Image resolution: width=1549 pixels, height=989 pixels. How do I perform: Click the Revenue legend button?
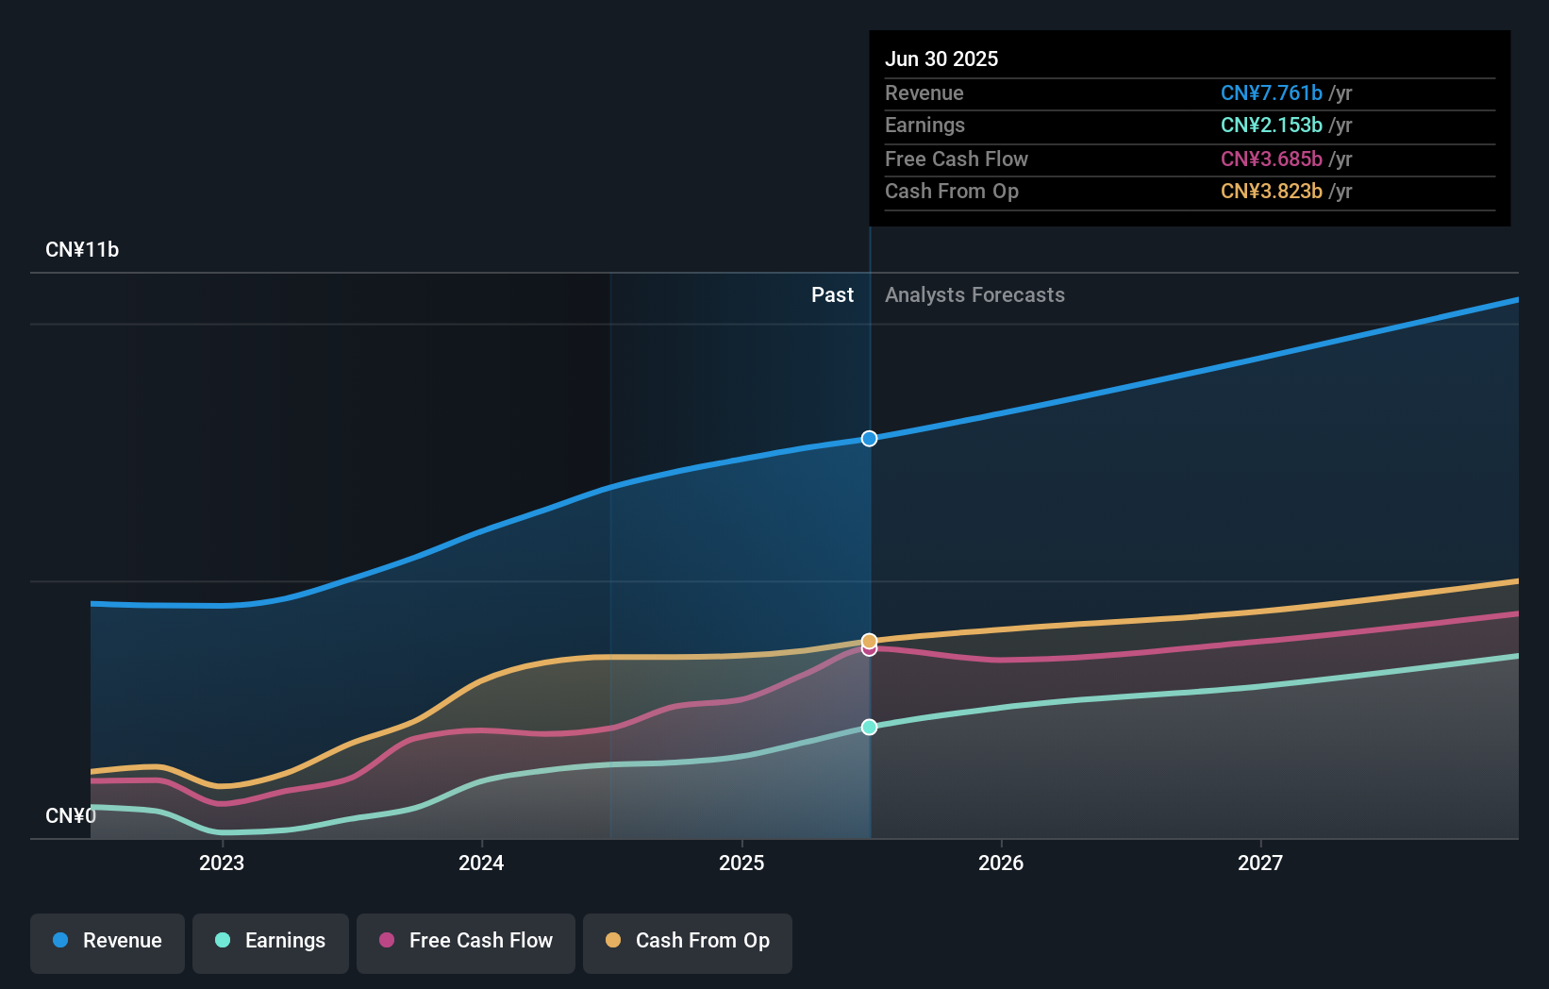pyautogui.click(x=108, y=941)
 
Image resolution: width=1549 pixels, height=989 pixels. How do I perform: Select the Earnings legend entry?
pyautogui.click(x=271, y=941)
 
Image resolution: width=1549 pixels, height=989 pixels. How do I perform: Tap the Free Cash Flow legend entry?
pyautogui.click(x=466, y=941)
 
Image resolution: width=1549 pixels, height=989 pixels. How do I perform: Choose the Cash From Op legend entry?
pyautogui.click(x=688, y=941)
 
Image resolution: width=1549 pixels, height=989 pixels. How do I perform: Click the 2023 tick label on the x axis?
pyautogui.click(x=222, y=863)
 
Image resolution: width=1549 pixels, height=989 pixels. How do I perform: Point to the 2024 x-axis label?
pyautogui.click(x=481, y=863)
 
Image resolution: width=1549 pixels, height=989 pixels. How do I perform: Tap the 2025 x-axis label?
pyautogui.click(x=741, y=863)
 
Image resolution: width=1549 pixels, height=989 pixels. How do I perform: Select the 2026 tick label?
pyautogui.click(x=1001, y=863)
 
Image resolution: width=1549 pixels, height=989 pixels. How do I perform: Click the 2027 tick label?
pyautogui.click(x=1260, y=863)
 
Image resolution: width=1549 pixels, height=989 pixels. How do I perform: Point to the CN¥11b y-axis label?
pyautogui.click(x=82, y=250)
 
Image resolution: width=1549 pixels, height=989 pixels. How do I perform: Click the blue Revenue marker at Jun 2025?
pyautogui.click(x=869, y=439)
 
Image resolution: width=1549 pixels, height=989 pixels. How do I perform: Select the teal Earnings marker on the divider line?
pyautogui.click(x=869, y=727)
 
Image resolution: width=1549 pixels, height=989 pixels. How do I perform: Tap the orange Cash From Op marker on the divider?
pyautogui.click(x=869, y=641)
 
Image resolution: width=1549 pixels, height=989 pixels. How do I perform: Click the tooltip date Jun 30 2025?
pyautogui.click(x=941, y=59)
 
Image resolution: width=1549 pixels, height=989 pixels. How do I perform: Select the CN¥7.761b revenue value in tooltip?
pyautogui.click(x=1271, y=92)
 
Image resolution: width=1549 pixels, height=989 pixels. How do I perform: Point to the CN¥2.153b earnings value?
pyautogui.click(x=1271, y=126)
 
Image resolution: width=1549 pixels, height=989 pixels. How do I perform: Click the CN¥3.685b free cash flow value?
pyautogui.click(x=1271, y=159)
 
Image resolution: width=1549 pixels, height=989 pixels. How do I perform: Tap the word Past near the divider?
pyautogui.click(x=832, y=295)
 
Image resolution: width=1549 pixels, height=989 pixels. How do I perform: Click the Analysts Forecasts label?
pyautogui.click(x=974, y=295)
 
